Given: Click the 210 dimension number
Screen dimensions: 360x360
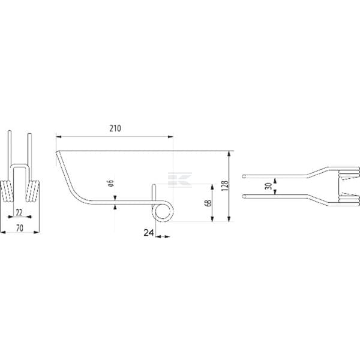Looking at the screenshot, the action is tap(115, 128).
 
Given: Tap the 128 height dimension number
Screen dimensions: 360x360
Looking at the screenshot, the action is tap(226, 186).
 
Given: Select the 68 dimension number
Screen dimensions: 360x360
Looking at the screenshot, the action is tap(209, 203).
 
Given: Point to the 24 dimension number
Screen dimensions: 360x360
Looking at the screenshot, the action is tap(149, 233).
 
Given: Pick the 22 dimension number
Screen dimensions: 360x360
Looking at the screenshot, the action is tap(19, 212).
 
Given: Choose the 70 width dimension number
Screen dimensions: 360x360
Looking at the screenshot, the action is tap(20, 228).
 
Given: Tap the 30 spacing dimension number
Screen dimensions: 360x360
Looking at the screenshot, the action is tap(268, 186).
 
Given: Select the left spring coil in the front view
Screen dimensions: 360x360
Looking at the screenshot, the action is tap(7, 191).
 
